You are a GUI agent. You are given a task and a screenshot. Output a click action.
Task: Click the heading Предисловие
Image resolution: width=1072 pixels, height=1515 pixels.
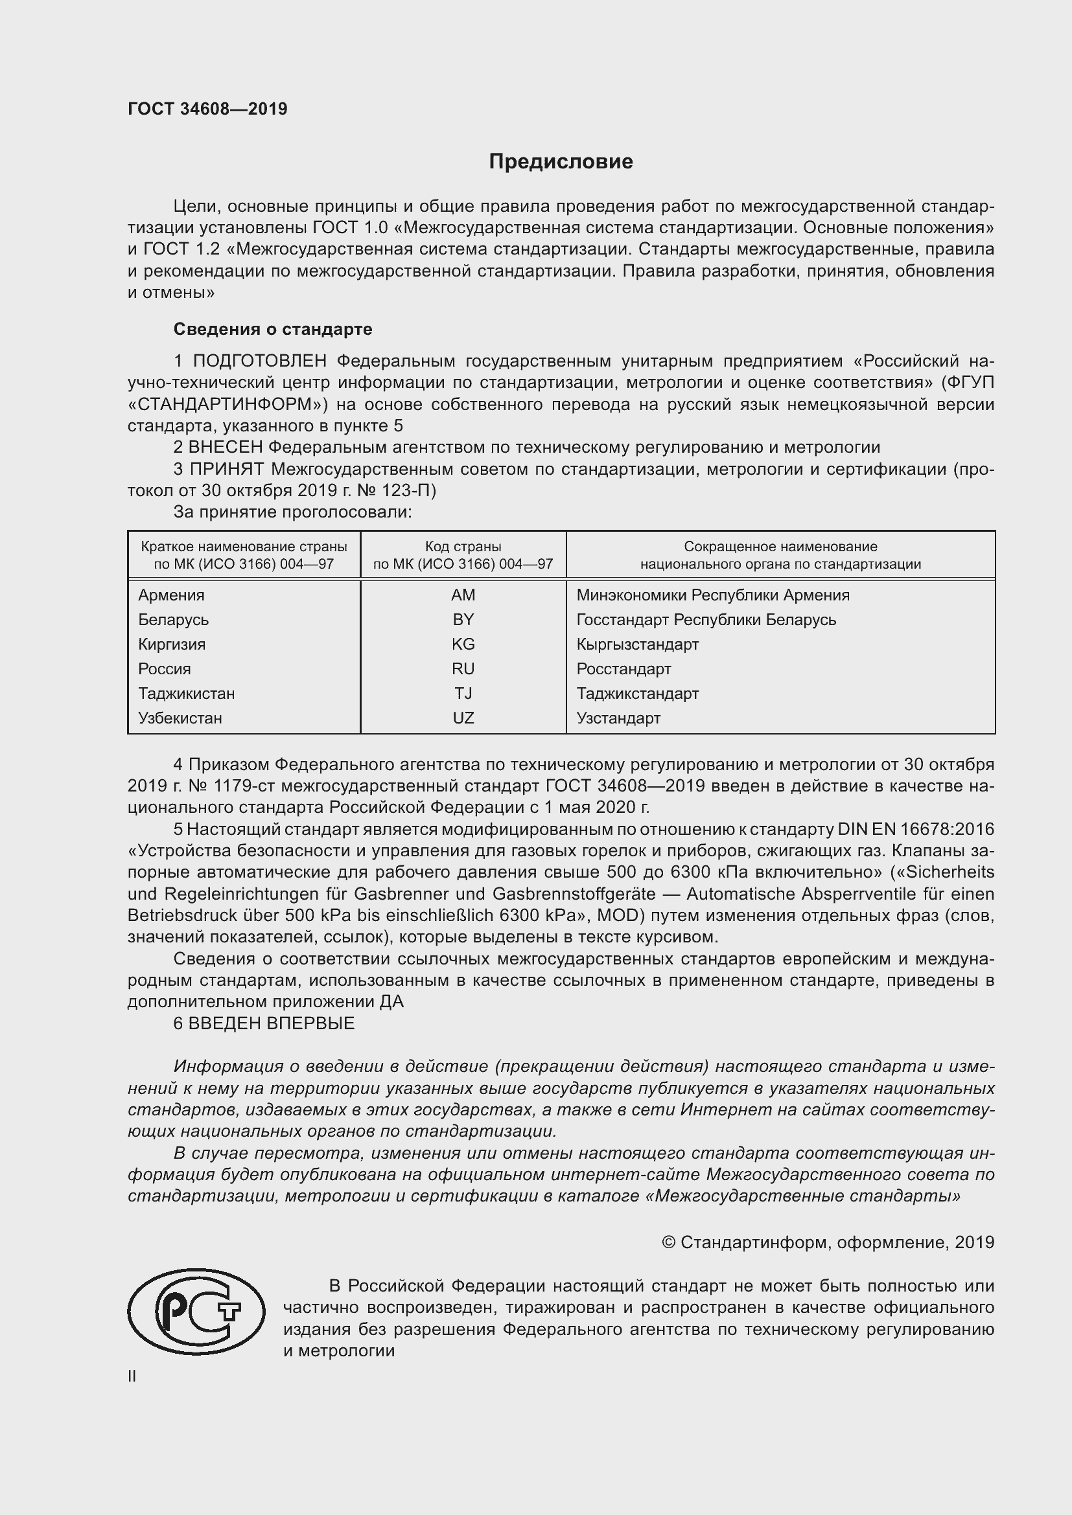pos(561,162)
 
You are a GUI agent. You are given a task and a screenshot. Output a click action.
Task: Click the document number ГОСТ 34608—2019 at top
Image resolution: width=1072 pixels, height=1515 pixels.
pos(207,109)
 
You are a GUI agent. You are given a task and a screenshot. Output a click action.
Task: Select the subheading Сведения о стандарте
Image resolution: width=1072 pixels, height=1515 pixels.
pos(273,328)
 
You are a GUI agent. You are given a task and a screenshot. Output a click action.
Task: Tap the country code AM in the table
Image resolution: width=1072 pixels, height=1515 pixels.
pos(463,595)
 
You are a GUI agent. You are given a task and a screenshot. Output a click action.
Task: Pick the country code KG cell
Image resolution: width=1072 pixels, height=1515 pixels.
pos(463,644)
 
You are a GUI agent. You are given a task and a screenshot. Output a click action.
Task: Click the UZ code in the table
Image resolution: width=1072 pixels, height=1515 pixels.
pos(463,718)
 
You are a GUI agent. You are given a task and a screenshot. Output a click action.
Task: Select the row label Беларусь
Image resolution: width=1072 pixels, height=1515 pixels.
pos(173,620)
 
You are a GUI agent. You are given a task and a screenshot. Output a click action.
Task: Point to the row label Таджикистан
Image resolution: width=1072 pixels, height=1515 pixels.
pos(186,694)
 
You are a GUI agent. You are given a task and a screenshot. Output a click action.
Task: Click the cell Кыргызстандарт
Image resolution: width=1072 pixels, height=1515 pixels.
pos(637,644)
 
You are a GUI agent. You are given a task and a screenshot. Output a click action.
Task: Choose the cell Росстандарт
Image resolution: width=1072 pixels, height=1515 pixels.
pos(623,669)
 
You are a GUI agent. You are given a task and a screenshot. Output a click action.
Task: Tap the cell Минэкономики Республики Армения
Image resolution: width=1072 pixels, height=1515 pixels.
pos(712,595)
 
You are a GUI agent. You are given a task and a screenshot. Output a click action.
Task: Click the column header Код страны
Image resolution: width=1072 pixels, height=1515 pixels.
pos(463,547)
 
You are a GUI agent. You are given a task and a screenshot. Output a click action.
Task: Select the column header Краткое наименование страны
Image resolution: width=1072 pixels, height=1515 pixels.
pos(244,547)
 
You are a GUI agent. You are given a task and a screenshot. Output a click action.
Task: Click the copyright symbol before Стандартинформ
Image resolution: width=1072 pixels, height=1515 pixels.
pos(668,1242)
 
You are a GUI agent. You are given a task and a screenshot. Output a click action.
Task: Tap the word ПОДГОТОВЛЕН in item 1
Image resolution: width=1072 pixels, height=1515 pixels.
pos(259,361)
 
